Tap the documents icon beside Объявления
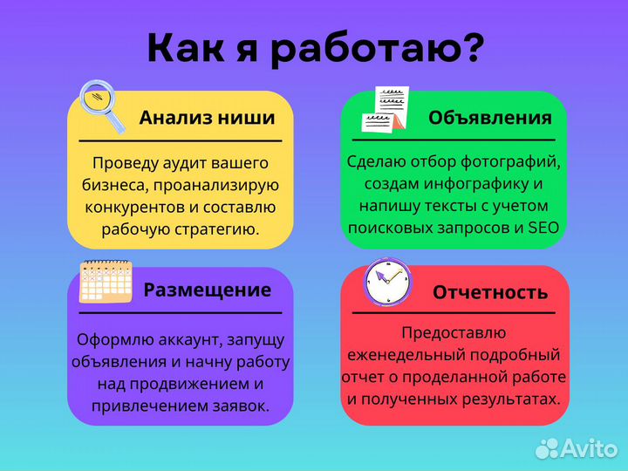point(385,109)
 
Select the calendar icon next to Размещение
point(106,282)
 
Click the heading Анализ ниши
point(207,118)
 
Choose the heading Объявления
point(489,118)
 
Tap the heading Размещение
point(207,290)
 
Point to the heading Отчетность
point(490,292)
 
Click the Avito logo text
point(590,448)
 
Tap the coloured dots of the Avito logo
point(548,448)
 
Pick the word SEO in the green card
point(543,228)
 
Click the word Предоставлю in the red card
point(454,332)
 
